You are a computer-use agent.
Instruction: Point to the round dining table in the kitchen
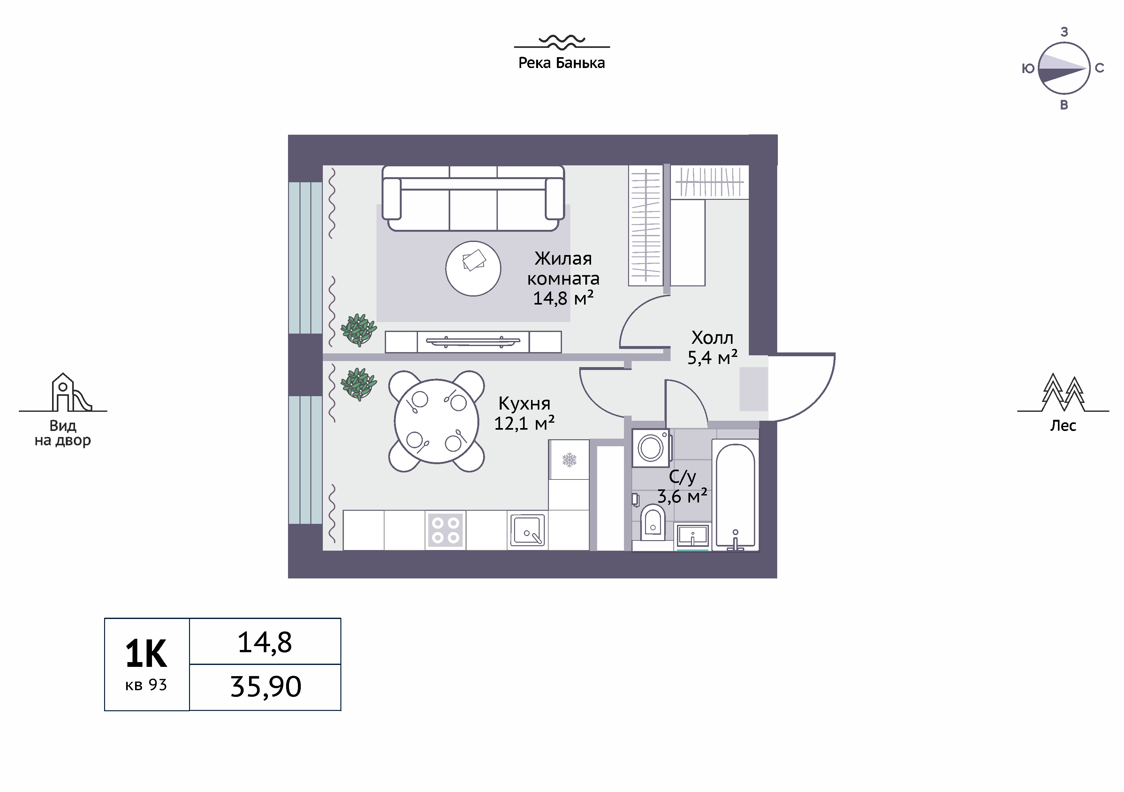(x=437, y=421)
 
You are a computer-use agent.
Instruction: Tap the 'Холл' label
(x=712, y=338)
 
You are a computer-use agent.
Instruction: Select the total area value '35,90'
(x=266, y=687)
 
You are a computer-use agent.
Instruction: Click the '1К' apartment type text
(x=146, y=654)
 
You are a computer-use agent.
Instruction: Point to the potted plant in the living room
(x=359, y=329)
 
